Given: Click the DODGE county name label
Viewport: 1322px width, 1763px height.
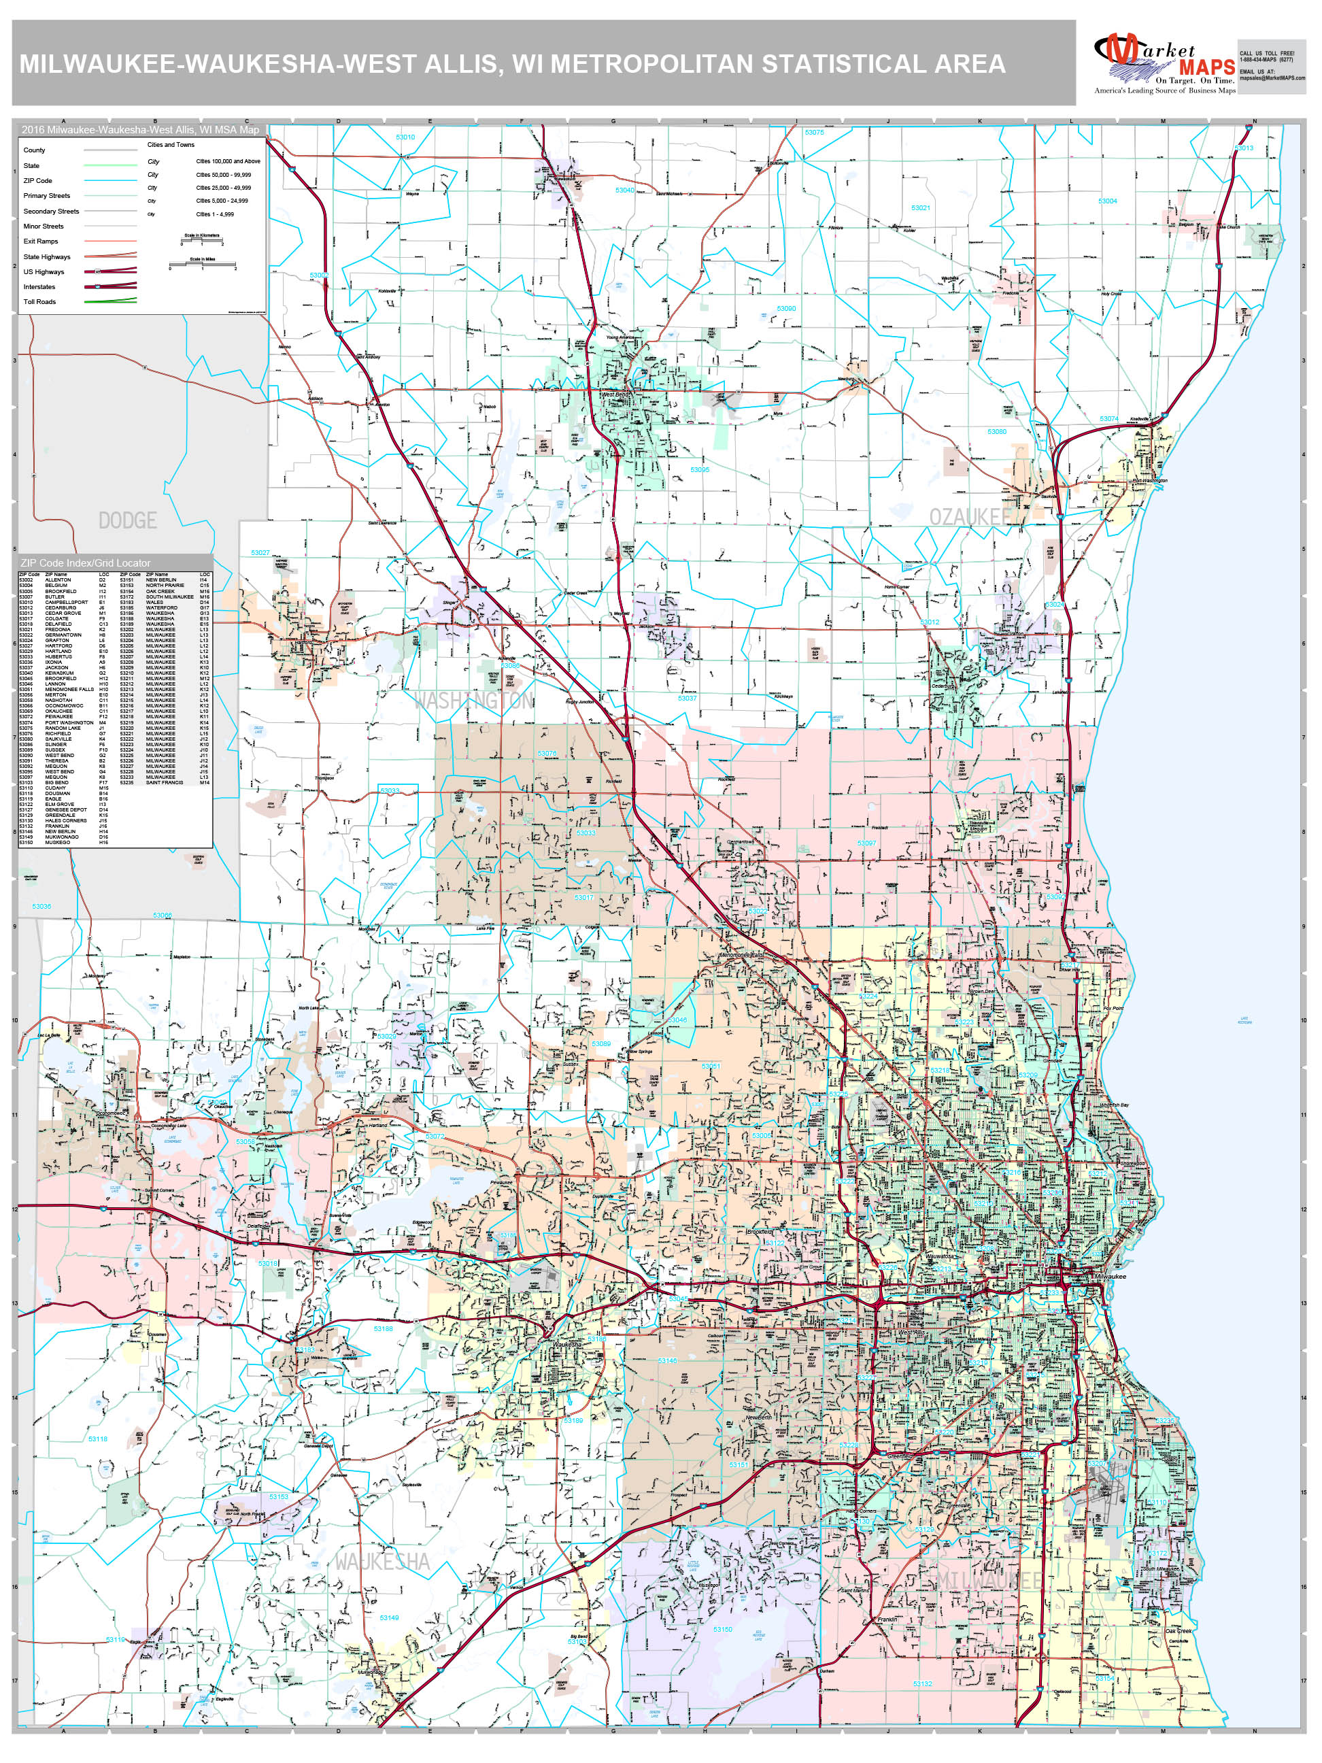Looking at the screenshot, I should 127,520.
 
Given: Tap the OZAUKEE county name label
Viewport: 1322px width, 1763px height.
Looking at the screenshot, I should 969,517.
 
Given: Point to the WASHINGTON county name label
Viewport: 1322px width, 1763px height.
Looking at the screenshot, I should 473,701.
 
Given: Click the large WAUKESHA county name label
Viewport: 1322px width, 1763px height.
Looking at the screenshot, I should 382,1562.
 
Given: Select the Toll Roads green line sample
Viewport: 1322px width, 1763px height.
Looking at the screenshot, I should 110,301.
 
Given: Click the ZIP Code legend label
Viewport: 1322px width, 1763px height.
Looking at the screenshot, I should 37,181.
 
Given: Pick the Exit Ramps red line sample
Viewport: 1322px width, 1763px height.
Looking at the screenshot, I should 110,241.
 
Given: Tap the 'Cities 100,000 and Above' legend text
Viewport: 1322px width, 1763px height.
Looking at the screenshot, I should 228,161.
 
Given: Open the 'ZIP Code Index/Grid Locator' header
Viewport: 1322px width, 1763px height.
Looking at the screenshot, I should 85,563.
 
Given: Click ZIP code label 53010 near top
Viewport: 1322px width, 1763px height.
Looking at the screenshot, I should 405,137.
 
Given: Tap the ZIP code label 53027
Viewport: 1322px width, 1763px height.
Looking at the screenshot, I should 260,552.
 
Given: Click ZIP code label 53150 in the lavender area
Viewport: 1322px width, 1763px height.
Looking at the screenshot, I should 722,1629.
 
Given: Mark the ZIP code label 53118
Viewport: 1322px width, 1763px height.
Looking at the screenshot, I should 97,1439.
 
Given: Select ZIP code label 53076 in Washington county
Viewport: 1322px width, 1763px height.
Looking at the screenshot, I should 547,753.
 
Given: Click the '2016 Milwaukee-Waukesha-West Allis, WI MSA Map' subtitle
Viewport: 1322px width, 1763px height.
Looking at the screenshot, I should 140,130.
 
